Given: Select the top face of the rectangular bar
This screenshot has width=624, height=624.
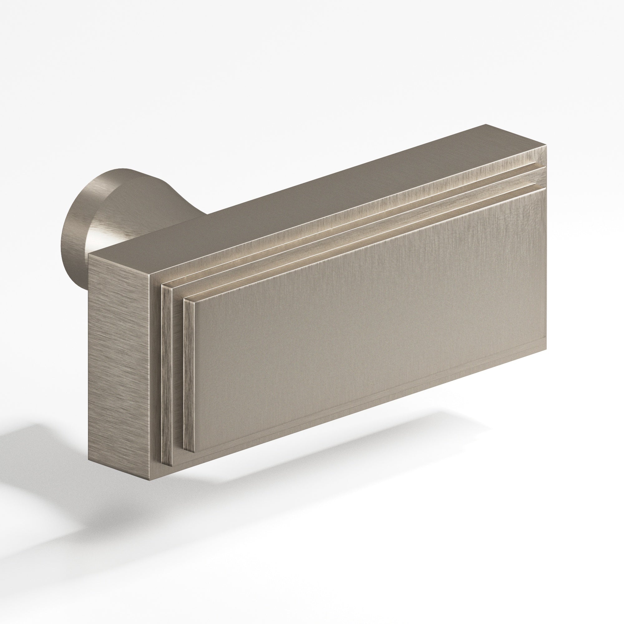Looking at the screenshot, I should pyautogui.click(x=323, y=200).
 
